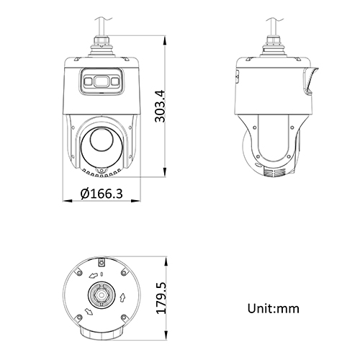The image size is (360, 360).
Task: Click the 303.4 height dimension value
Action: [x=161, y=106]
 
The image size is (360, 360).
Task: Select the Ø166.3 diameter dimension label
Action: [x=101, y=194]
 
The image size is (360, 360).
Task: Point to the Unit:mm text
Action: [x=273, y=308]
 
